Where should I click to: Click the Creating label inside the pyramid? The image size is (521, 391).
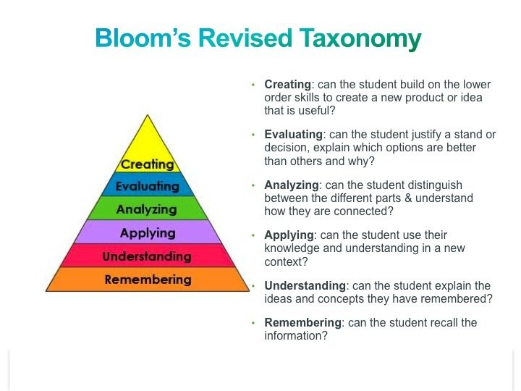[148, 164]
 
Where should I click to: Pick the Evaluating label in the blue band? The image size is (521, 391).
[148, 186]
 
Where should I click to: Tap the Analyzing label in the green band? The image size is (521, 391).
[148, 209]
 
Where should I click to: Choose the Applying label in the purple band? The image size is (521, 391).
[148, 232]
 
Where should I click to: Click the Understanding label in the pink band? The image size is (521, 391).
[147, 256]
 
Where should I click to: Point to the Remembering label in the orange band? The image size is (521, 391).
[148, 279]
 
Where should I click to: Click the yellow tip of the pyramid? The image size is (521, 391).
[148, 138]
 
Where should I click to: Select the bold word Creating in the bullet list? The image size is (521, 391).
[287, 84]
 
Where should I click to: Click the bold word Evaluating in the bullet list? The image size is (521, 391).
[293, 135]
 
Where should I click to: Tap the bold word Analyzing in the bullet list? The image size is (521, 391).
[289, 185]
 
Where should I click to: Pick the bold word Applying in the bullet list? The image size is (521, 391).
[289, 235]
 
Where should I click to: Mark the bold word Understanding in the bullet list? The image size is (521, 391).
[304, 286]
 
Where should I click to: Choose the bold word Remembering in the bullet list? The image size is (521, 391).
[301, 322]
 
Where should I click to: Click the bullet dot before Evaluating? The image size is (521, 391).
[253, 135]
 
